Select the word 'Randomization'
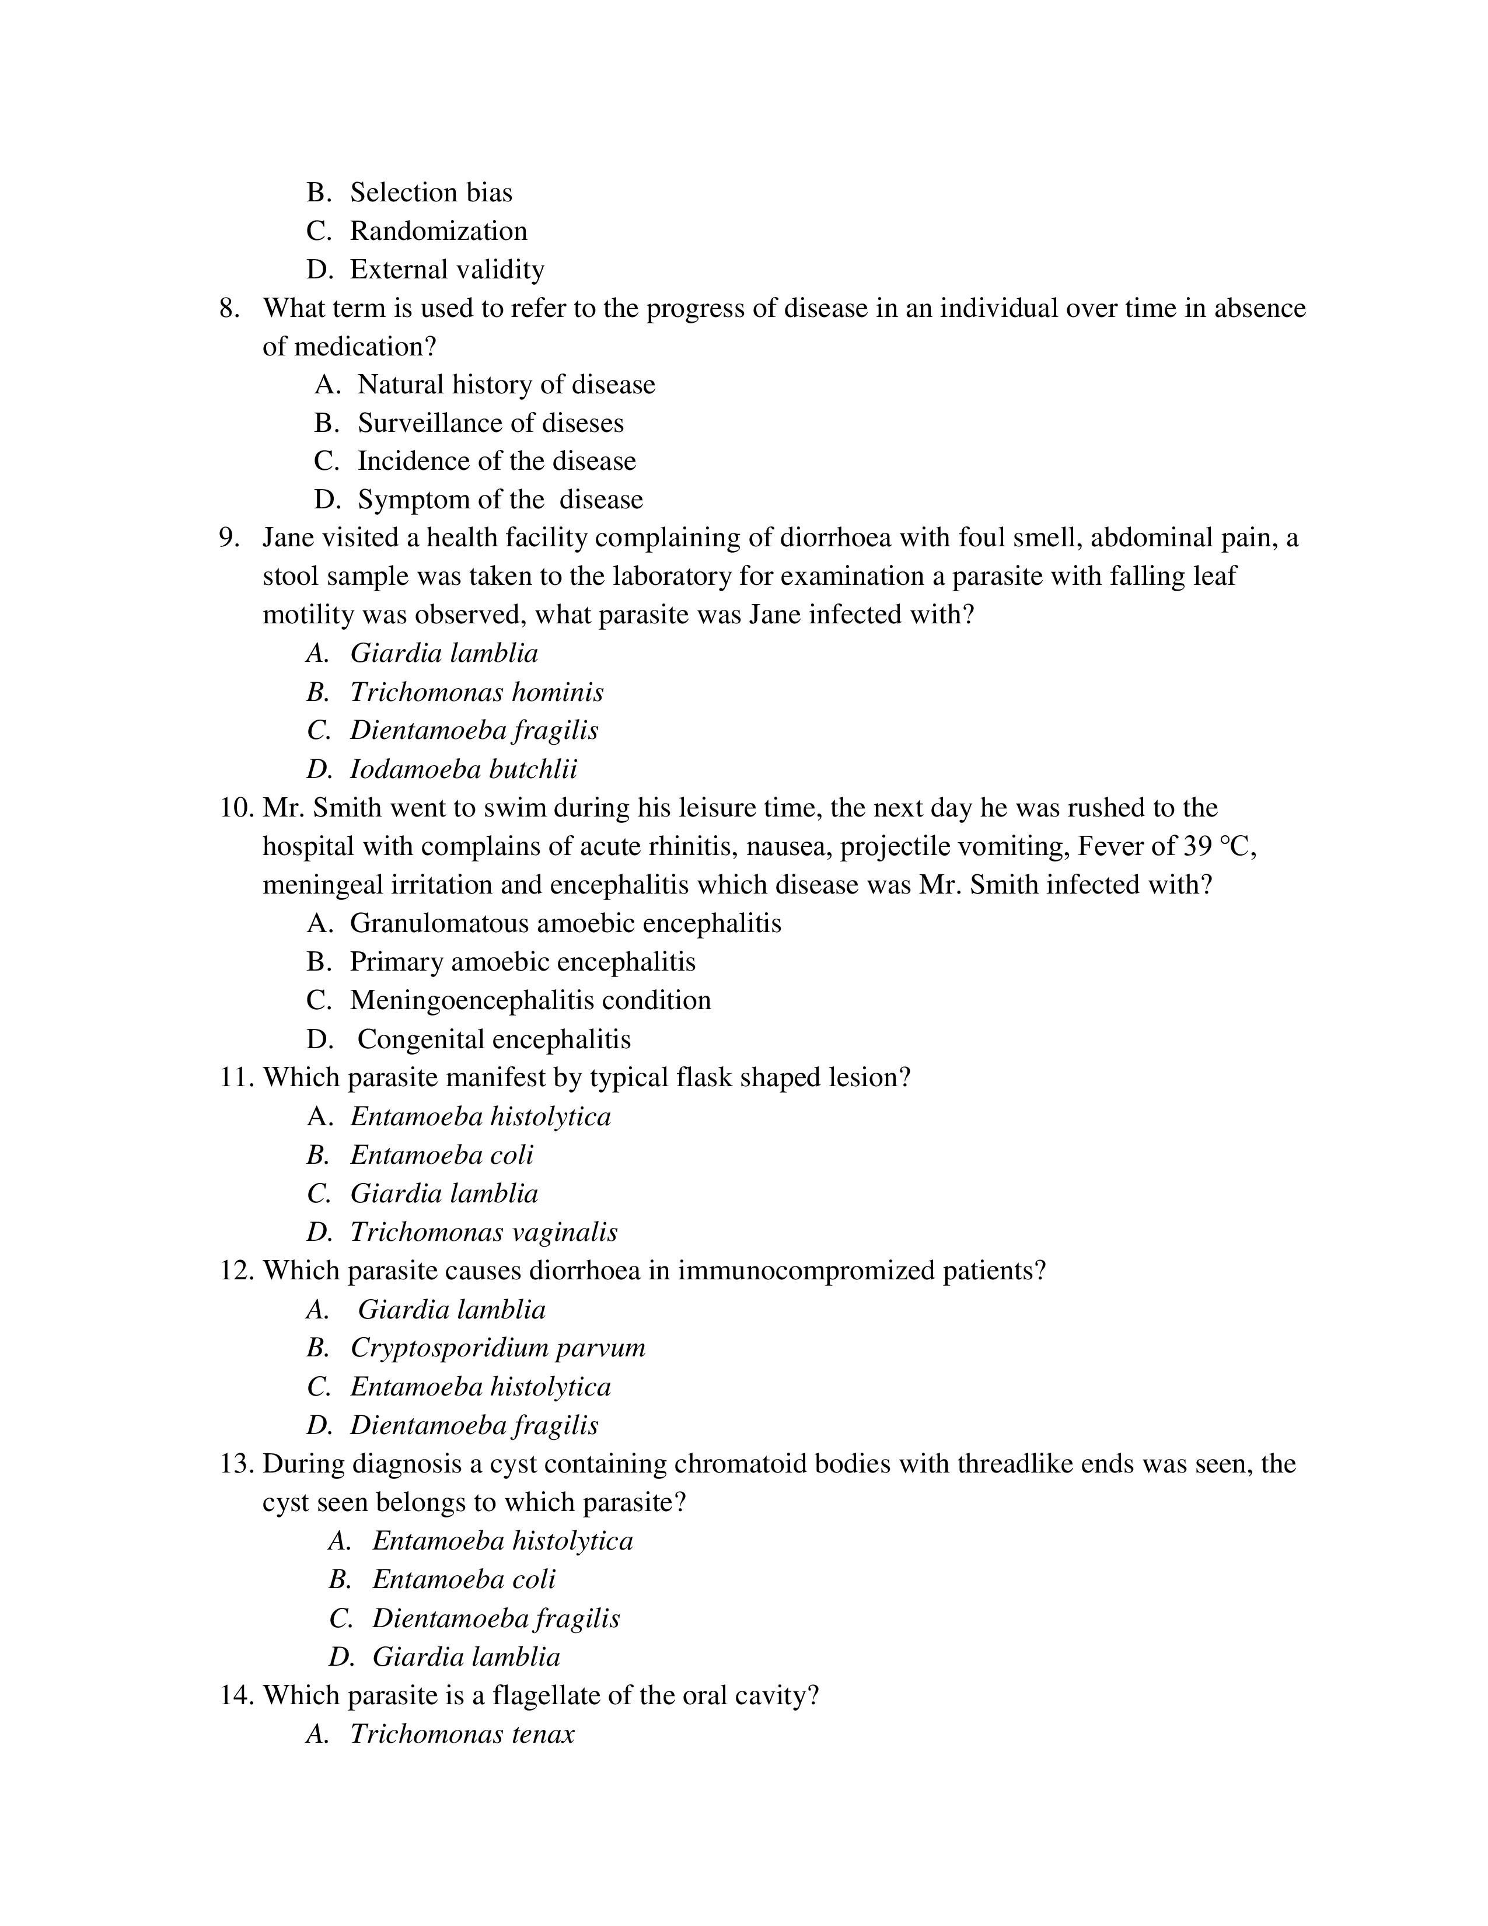(438, 231)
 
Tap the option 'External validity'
(447, 269)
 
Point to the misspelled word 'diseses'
(582, 423)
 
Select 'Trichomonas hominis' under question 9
(476, 692)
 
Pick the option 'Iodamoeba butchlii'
(464, 769)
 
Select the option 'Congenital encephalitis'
(494, 1039)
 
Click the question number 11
(235, 1077)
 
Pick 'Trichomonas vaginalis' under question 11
(483, 1232)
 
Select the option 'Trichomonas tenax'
(462, 1734)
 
